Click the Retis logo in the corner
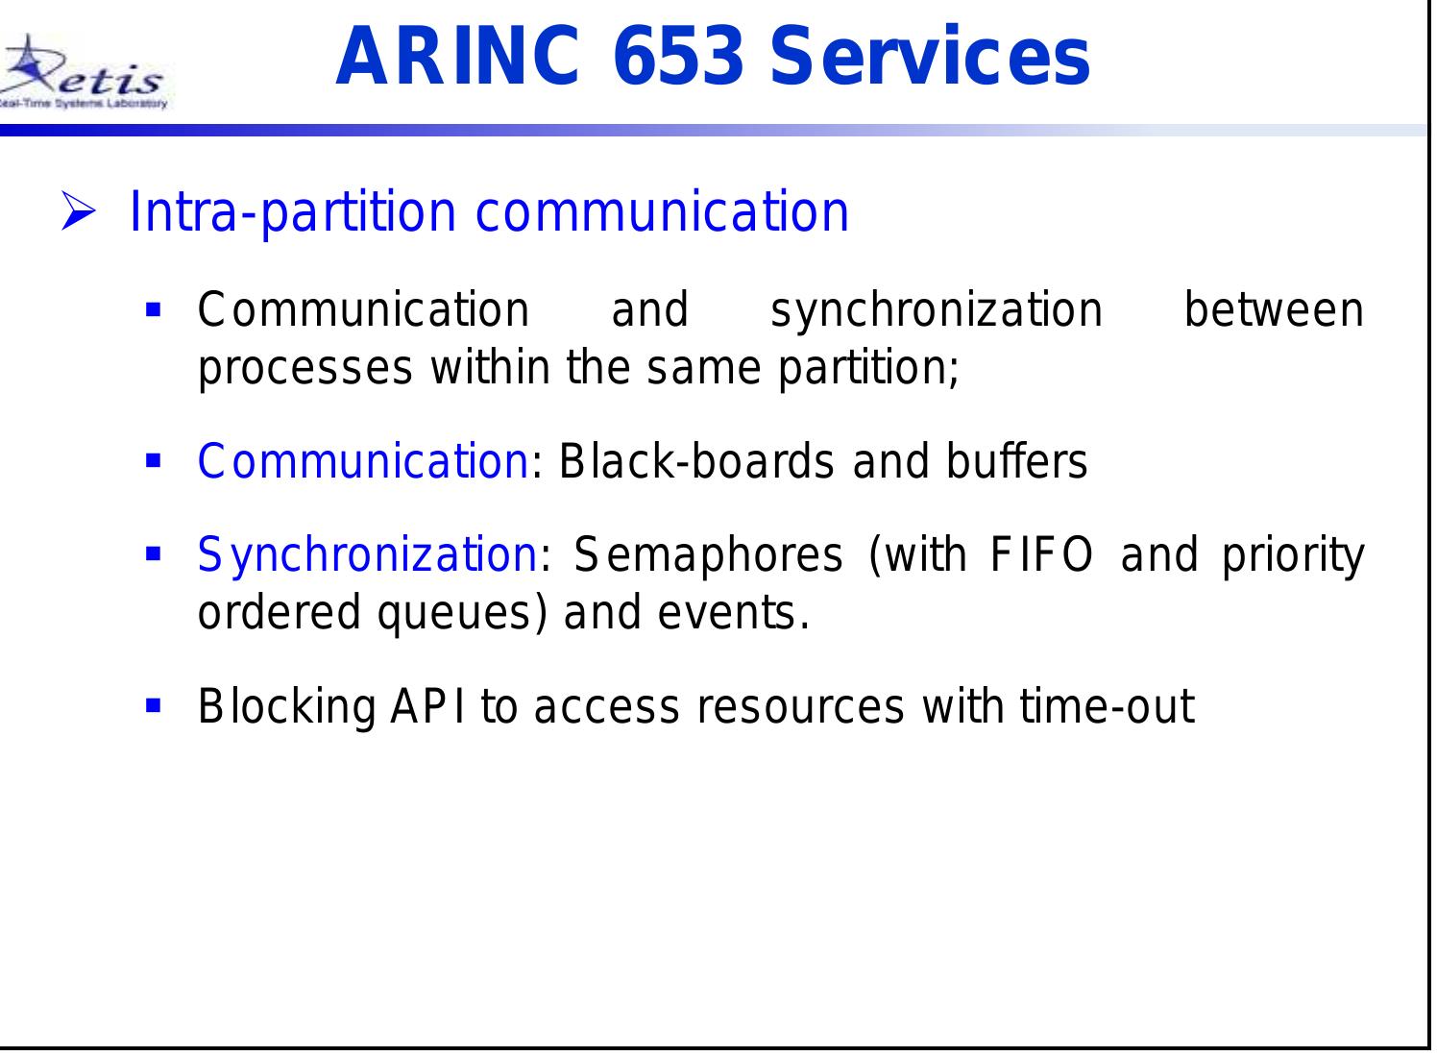click(x=85, y=75)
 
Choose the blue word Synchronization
click(x=366, y=555)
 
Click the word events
click(x=732, y=614)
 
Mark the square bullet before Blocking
click(x=152, y=706)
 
